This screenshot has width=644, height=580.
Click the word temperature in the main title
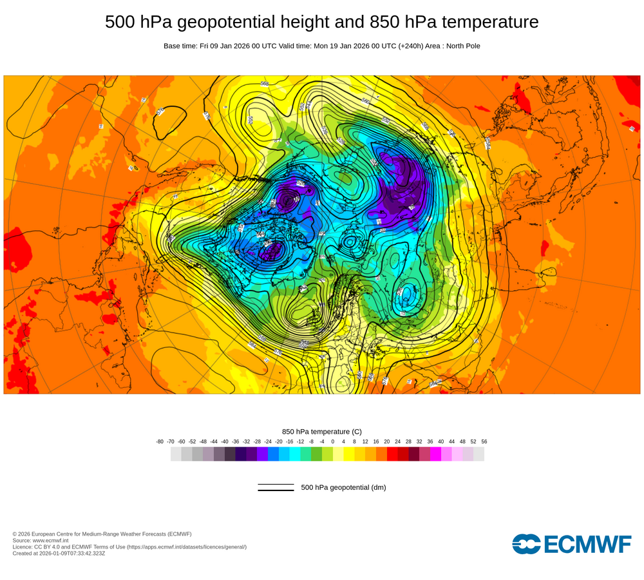pos(486,23)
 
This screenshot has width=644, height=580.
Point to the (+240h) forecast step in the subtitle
pos(406,46)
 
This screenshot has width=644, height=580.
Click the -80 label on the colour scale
pos(160,441)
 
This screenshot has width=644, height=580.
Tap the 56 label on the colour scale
pos(484,441)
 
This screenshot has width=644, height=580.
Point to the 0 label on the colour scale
pos(333,441)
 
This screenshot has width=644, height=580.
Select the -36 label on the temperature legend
pos(236,441)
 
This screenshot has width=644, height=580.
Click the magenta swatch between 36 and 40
pos(435,454)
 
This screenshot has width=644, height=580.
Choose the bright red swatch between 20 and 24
pos(392,454)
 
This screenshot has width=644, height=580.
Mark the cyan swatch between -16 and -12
pos(295,454)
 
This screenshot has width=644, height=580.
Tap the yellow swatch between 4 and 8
pos(349,454)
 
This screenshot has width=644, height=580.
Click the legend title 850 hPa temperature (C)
pos(322,431)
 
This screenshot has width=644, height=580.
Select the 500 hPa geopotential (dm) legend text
pos(343,487)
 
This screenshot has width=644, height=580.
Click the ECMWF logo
pos(572,544)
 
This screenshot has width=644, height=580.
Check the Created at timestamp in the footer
pos(59,553)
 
